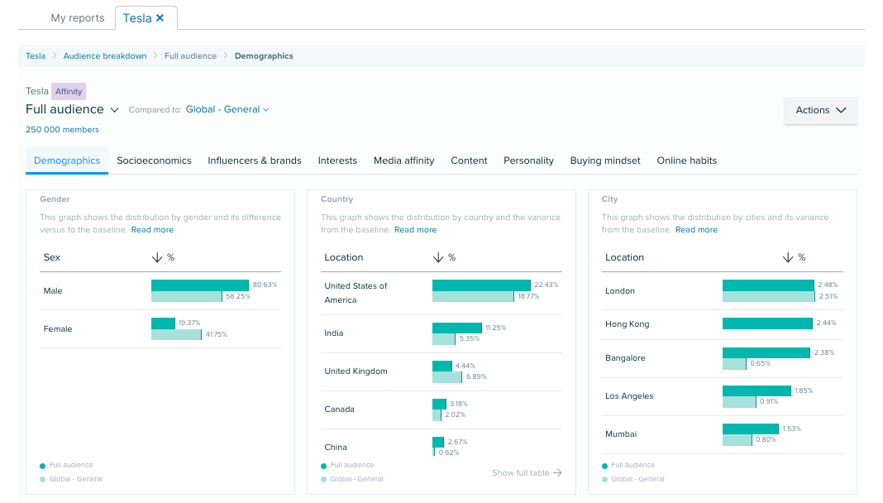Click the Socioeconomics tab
pyautogui.click(x=154, y=160)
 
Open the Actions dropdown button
pyautogui.click(x=820, y=110)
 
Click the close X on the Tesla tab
pyautogui.click(x=160, y=17)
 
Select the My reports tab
pyautogui.click(x=78, y=17)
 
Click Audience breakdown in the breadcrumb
pyautogui.click(x=105, y=56)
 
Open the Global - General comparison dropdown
pyautogui.click(x=227, y=109)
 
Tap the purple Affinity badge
pyautogui.click(x=69, y=92)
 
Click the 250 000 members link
pyautogui.click(x=62, y=130)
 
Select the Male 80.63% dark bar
pyautogui.click(x=199, y=285)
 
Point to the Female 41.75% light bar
pyautogui.click(x=176, y=334)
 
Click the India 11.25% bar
pyautogui.click(x=456, y=328)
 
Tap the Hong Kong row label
pyautogui.click(x=627, y=324)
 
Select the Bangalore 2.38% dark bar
pyautogui.click(x=766, y=352)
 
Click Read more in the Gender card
pyautogui.click(x=152, y=230)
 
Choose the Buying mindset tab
pyautogui.click(x=605, y=160)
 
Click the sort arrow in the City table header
pyautogui.click(x=787, y=257)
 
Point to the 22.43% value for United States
pyautogui.click(x=547, y=285)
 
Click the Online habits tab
pyautogui.click(x=686, y=160)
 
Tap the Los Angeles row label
pyautogui.click(x=629, y=396)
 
